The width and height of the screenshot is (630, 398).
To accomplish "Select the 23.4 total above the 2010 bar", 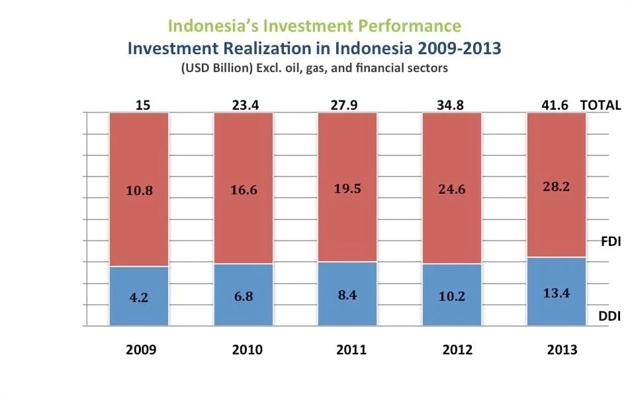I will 243,104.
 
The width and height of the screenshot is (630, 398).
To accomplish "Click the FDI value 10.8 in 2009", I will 139,190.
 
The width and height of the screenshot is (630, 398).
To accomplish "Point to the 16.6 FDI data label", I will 244,190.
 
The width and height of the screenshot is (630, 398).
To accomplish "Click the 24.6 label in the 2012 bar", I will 452,190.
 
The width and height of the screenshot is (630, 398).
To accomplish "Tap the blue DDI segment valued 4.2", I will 139,297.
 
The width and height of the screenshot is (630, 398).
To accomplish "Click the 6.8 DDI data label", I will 244,296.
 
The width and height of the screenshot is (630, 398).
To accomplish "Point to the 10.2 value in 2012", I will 452,296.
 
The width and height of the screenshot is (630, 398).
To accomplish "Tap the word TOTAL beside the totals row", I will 600,104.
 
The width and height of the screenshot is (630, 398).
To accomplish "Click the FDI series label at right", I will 609,241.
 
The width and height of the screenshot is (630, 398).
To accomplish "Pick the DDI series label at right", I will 609,316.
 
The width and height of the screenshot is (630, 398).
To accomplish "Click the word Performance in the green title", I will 413,26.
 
